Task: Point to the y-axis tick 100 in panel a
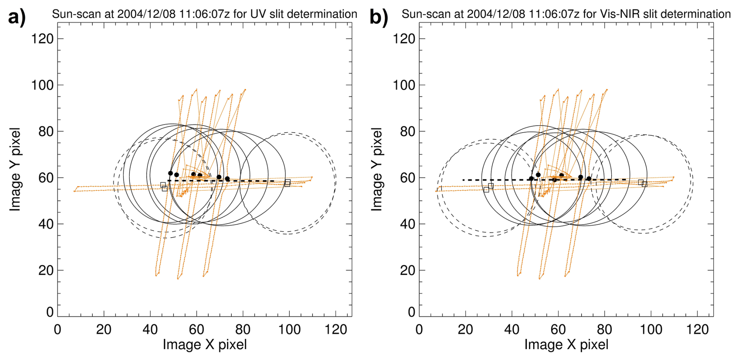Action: point(42,85)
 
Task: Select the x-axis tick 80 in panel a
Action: point(243,330)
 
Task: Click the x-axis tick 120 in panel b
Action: point(697,330)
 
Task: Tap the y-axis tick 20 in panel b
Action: point(408,270)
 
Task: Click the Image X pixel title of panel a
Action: point(205,345)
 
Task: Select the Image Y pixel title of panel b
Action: point(376,169)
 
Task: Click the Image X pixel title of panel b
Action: point(566,345)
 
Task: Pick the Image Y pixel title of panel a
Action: point(15,169)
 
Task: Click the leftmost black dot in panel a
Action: point(170,173)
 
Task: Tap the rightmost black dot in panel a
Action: point(227,179)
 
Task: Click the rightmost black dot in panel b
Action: point(589,179)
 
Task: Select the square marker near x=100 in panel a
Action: point(287,183)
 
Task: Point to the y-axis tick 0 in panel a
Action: point(50,312)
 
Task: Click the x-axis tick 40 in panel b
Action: point(512,330)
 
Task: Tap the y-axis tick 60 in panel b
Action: point(408,178)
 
